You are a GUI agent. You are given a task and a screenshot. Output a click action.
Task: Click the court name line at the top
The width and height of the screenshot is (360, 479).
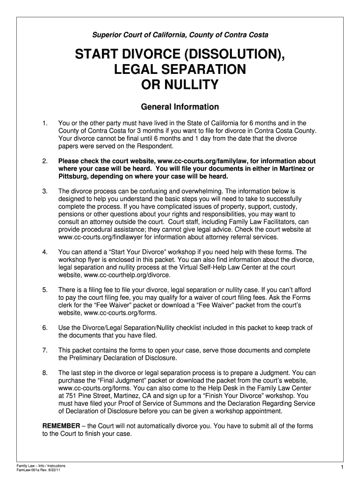pos(180,35)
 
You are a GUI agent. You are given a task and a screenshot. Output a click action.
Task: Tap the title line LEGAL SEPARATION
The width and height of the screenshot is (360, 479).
pos(180,70)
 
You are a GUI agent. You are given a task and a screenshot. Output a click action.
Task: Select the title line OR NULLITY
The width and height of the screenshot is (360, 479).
pos(180,85)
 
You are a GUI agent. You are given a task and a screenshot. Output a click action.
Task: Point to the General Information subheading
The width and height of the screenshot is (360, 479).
pos(180,107)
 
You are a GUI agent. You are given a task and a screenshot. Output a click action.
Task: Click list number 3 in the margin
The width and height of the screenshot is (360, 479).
pos(45,191)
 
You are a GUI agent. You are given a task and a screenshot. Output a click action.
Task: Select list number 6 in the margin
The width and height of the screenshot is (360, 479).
pos(45,327)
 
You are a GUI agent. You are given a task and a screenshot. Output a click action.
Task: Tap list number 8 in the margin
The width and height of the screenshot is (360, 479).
pos(45,373)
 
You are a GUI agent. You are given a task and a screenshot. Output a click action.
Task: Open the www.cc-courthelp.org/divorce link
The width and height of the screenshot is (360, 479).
pos(124,275)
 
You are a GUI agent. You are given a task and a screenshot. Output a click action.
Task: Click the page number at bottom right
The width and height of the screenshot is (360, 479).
pos(342,468)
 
